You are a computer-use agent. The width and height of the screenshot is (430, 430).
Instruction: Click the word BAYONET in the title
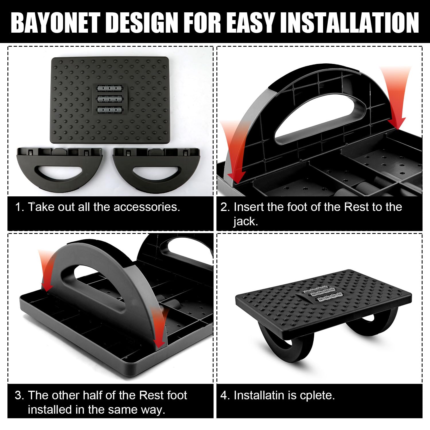point(57,22)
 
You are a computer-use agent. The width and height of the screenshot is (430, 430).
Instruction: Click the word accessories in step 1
point(147,207)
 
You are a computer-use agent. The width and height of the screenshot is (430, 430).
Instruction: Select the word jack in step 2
point(245,221)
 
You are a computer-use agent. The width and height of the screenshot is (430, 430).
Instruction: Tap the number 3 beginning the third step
point(19,395)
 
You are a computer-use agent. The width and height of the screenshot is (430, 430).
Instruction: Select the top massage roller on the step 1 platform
point(110,88)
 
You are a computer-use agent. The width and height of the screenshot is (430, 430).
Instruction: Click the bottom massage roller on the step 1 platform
point(110,110)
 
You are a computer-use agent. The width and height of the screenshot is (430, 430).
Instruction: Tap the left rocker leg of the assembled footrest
point(284,343)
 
